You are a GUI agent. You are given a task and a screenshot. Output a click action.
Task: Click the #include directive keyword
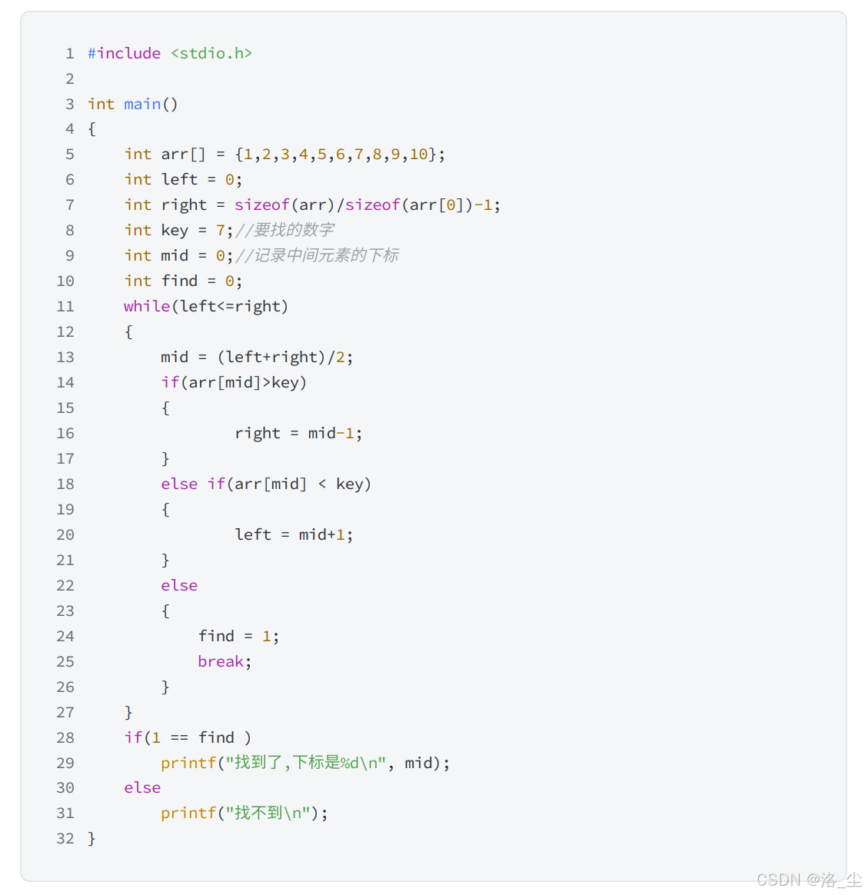124,53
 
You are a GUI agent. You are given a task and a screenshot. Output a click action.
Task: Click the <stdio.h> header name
211,53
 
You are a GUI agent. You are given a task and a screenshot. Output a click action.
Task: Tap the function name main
142,104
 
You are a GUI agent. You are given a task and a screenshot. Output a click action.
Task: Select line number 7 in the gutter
70,205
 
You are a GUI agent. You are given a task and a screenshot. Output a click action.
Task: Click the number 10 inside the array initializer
418,154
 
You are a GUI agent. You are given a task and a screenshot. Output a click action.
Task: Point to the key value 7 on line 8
221,230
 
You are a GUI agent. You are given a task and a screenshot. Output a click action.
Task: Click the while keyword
147,306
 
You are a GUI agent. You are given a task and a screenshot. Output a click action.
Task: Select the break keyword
221,661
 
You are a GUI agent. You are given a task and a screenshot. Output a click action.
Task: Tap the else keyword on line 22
179,585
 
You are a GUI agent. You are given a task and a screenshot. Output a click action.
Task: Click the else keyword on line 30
142,787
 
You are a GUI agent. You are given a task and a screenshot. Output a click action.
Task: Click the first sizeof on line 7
262,205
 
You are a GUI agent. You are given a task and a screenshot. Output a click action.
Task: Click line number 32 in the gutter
65,838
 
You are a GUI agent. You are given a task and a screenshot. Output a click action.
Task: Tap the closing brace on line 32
91,838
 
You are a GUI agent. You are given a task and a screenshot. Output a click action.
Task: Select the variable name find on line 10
179,281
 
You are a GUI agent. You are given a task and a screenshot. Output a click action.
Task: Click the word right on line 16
258,433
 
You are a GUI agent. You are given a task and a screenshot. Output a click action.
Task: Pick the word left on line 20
253,534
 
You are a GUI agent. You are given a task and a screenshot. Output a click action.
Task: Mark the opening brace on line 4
91,129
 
